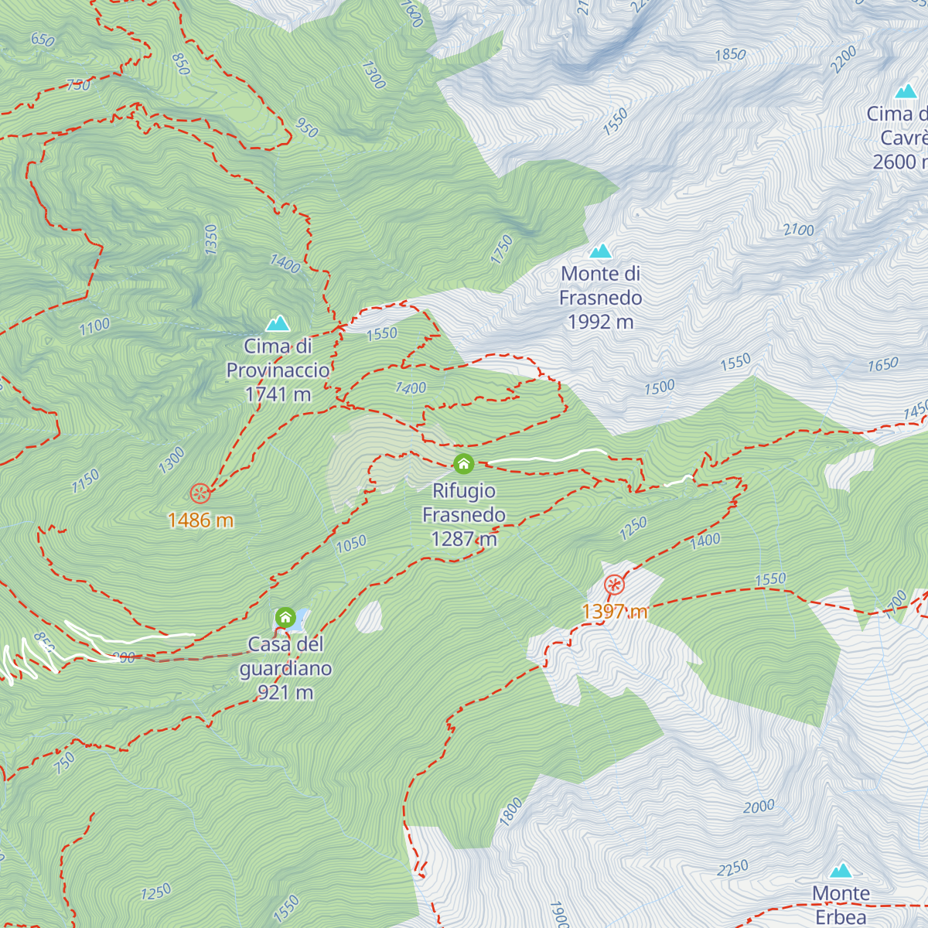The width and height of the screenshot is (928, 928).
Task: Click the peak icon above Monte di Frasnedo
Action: pos(601,251)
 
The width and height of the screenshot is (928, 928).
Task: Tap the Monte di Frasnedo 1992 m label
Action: pos(601,298)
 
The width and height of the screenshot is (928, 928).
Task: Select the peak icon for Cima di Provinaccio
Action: pos(278,324)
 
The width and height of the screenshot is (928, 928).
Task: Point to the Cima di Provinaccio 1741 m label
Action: pos(278,370)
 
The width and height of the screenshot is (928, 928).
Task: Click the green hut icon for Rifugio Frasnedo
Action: pos(463,464)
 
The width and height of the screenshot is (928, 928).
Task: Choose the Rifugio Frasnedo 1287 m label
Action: pos(464,515)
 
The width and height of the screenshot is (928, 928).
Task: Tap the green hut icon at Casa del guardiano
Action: pos(285,618)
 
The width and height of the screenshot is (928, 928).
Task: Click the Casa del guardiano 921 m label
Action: pos(285,668)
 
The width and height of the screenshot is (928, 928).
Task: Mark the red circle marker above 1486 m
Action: pos(200,493)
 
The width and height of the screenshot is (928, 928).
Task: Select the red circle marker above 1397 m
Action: pos(614,585)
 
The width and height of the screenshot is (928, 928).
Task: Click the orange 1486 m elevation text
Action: pos(200,520)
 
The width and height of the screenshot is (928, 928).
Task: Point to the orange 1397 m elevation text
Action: pos(615,612)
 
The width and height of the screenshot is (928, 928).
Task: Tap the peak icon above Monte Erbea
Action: pos(841,871)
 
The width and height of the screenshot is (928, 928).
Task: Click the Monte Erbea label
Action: pos(841,905)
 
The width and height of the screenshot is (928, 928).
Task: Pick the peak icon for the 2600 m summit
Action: pos(906,92)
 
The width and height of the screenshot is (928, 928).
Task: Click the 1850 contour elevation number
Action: pos(730,55)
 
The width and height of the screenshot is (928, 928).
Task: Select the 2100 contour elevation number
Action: pos(798,230)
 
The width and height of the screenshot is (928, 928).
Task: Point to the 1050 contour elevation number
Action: pos(351,544)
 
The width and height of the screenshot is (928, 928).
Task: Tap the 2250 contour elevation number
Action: pos(732,868)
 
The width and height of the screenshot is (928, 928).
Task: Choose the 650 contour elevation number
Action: pos(43,39)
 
